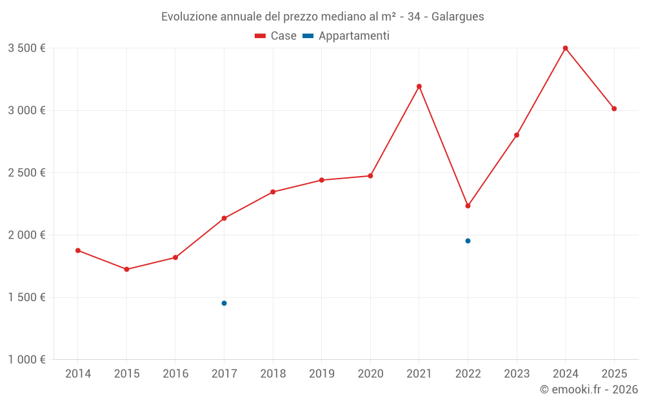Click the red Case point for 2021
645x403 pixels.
click(419, 86)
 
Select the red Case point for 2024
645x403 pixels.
click(566, 48)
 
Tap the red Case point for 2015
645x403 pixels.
click(126, 270)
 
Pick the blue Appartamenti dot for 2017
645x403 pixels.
click(224, 303)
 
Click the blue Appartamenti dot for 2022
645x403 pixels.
click(468, 241)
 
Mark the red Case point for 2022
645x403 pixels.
click(468, 206)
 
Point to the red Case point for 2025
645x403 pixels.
click(614, 109)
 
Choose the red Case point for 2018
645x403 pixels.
click(273, 192)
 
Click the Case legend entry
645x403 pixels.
click(276, 36)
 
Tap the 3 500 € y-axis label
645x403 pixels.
click(26, 48)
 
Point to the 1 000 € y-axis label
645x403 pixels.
click(26, 360)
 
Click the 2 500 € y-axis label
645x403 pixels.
click(26, 173)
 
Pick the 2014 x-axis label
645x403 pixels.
click(78, 374)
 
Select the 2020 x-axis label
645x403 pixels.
click(370, 374)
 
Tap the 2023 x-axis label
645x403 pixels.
click(517, 374)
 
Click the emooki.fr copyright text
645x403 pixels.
click(588, 389)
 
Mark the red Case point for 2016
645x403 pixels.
click(175, 258)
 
